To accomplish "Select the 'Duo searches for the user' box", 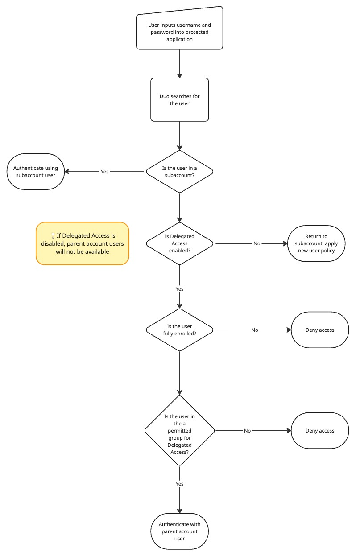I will coord(179,100).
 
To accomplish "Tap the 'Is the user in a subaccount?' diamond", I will coord(179,172).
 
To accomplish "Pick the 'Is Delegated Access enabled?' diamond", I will coord(179,243).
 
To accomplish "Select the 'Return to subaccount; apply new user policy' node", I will coord(317,243).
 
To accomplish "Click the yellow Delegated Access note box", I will coord(83,243).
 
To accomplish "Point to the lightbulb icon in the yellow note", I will coord(53,235).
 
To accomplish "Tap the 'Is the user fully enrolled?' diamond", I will coord(179,330).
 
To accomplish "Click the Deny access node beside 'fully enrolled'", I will coord(320,330).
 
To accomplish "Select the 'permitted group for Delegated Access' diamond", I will coord(179,431).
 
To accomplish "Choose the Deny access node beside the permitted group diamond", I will coord(320,431).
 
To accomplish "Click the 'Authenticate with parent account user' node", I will coord(179,531).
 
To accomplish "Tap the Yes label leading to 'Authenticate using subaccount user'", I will coord(104,172).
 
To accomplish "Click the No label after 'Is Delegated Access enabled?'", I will coord(257,243).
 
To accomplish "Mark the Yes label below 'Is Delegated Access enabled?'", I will coord(179,289).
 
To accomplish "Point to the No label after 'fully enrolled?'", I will coord(254,330).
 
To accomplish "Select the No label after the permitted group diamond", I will coord(247,431).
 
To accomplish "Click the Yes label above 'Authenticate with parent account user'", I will coord(179,483).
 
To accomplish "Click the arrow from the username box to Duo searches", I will coord(179,63).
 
